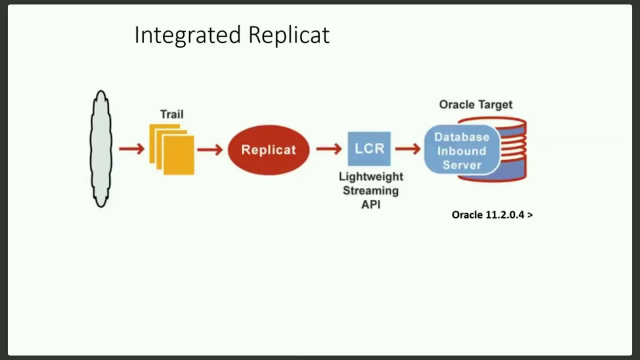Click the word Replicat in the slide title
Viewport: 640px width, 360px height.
point(288,35)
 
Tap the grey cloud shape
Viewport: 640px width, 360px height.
point(101,149)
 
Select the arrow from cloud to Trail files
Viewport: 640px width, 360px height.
point(131,149)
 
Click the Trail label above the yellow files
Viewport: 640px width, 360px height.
point(171,114)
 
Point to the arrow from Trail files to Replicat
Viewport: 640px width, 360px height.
point(209,149)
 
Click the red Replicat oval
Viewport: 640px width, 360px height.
point(268,149)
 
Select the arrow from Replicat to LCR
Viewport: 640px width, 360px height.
point(328,149)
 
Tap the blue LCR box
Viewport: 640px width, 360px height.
point(369,148)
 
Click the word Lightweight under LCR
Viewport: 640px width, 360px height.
point(370,176)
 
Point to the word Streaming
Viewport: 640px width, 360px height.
point(370,190)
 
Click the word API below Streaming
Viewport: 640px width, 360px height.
point(370,204)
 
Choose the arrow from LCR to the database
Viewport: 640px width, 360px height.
point(407,149)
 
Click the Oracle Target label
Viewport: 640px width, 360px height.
point(475,104)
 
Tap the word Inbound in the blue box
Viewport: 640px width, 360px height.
point(461,151)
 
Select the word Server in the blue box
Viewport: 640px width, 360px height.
point(461,165)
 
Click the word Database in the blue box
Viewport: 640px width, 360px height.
point(461,137)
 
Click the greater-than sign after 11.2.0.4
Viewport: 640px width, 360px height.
point(529,215)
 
